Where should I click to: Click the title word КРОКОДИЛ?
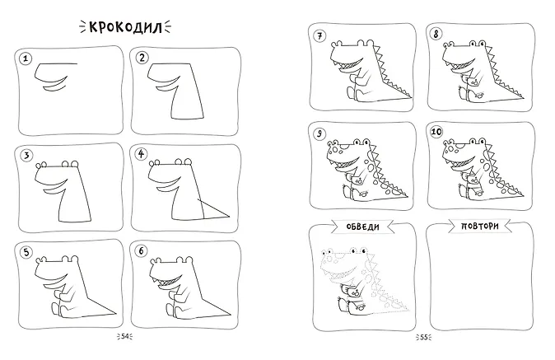[x=125, y=27]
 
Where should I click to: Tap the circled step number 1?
[x=26, y=58]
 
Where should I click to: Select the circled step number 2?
[x=142, y=58]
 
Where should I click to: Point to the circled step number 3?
[x=26, y=155]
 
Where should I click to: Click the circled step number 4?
[x=142, y=154]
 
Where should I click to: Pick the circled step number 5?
[x=26, y=252]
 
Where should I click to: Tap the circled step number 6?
[x=142, y=251]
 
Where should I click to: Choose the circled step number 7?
[x=319, y=35]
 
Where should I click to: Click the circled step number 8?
[x=436, y=35]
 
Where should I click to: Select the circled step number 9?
[x=319, y=133]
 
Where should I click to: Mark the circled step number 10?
[x=436, y=132]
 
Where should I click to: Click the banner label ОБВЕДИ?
[x=363, y=227]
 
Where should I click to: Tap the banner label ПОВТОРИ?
[x=480, y=226]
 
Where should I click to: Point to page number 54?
[x=125, y=337]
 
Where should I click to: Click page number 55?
[x=424, y=337]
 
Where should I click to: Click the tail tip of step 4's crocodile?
[x=229, y=217]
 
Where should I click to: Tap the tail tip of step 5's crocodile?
[x=116, y=312]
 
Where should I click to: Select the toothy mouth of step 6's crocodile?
[x=168, y=282]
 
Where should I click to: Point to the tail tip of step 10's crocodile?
[x=524, y=194]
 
